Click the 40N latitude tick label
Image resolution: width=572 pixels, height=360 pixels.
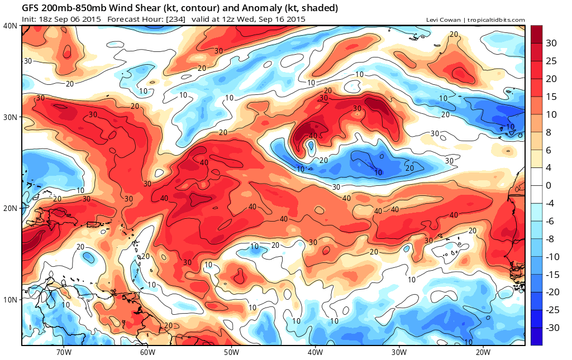[x=10, y=26]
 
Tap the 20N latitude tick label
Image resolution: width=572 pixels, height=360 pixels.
[x=10, y=208]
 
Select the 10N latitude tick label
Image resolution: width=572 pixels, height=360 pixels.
[x=10, y=300]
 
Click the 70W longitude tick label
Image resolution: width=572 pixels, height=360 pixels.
[x=64, y=352]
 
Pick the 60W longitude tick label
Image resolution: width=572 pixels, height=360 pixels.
[x=147, y=352]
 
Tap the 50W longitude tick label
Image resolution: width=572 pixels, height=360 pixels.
[x=231, y=352]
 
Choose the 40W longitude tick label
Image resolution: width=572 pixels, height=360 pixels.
[x=315, y=352]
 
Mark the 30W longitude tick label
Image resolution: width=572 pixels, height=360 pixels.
[x=399, y=352]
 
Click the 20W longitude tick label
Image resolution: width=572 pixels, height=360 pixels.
[x=483, y=352]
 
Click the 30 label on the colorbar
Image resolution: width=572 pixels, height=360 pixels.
[x=551, y=44]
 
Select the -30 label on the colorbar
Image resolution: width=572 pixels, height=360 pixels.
[x=552, y=328]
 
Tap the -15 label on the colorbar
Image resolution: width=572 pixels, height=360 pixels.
[x=552, y=274]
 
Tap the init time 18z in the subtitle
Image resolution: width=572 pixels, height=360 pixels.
[x=46, y=20]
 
